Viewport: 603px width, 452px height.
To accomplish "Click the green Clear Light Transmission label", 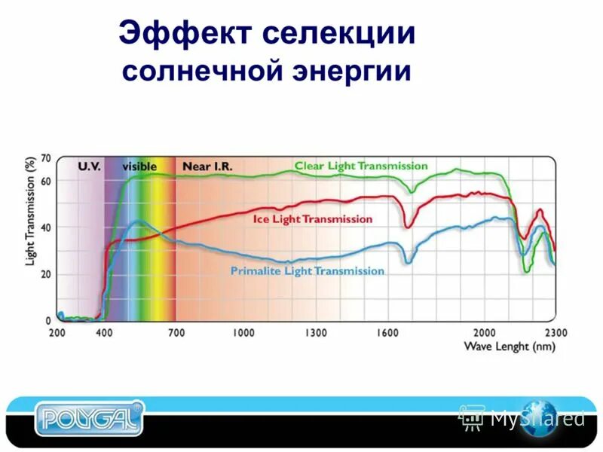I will click(361, 166).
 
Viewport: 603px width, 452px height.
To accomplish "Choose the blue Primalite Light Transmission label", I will click(307, 271).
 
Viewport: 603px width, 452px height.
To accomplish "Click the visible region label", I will click(139, 166).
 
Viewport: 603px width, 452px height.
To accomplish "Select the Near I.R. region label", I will click(204, 166).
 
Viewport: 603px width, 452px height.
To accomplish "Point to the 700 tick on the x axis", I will click(176, 332).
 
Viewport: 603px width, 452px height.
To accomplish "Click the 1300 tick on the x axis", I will click(316, 332).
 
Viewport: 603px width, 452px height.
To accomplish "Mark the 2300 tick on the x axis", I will click(556, 332).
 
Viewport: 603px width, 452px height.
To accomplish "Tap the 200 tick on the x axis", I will click(57, 332).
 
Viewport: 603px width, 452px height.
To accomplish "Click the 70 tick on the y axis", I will click(46, 158).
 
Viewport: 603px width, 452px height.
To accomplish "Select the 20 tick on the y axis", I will click(46, 274).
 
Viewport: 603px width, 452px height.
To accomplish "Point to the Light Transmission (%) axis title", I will click(31, 212).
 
